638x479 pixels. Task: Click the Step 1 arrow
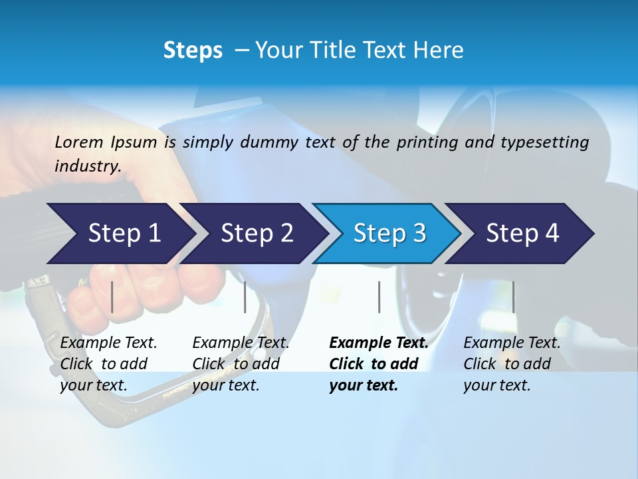(x=123, y=234)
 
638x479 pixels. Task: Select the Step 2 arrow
(x=257, y=234)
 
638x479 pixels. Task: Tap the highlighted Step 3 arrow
(x=389, y=234)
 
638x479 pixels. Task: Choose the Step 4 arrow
(x=522, y=234)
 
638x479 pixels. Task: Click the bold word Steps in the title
(x=193, y=51)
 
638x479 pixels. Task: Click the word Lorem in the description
(x=79, y=142)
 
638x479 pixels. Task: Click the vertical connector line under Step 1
(x=112, y=297)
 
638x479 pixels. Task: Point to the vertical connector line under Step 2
(x=245, y=297)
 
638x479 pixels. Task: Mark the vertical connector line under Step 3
(x=379, y=297)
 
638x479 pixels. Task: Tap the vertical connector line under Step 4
(x=513, y=297)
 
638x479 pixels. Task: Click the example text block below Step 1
(x=108, y=364)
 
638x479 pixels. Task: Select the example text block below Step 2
(x=241, y=364)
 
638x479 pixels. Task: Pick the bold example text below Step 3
(x=379, y=364)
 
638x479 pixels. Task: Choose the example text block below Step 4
(x=512, y=364)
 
